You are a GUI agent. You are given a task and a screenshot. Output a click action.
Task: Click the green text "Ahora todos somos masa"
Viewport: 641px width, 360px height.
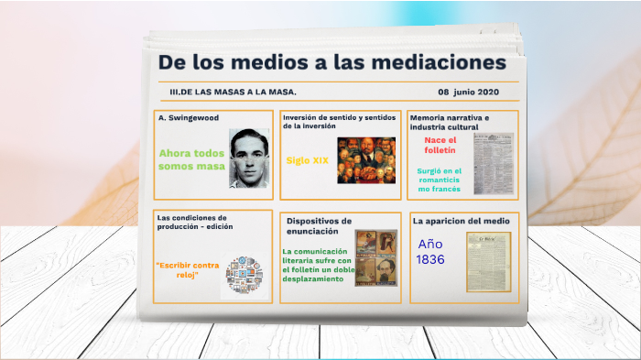point(190,159)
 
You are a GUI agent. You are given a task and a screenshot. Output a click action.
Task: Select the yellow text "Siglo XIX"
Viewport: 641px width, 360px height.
point(307,160)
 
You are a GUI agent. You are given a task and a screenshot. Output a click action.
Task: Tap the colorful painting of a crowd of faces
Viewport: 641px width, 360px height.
point(366,160)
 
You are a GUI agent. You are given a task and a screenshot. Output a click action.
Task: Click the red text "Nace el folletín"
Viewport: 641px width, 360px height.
point(440,145)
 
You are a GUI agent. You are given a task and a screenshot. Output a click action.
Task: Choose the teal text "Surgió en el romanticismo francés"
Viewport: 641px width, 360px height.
point(440,180)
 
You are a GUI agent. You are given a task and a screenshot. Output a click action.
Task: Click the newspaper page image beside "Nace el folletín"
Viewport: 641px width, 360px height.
point(494,164)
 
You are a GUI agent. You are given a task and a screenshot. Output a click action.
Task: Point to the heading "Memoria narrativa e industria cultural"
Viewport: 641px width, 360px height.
point(450,122)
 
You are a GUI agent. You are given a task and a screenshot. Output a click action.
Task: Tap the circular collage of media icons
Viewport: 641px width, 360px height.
point(244,276)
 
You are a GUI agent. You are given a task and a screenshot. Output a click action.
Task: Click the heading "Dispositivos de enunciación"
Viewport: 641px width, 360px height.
point(319,226)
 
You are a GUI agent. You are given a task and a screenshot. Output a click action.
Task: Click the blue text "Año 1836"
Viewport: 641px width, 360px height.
point(430,252)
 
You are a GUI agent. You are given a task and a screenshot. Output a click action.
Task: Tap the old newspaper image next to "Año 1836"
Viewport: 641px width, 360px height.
point(488,261)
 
